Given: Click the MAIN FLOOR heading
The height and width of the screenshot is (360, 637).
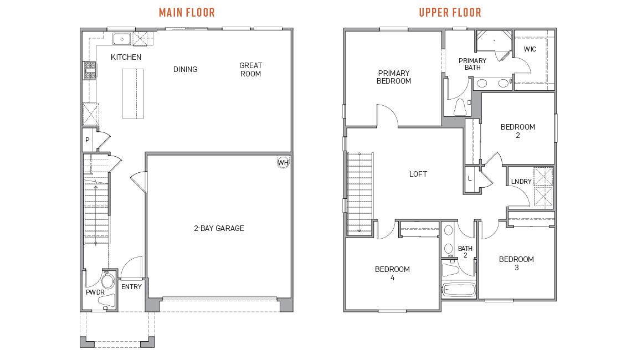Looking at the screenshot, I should [x=187, y=12].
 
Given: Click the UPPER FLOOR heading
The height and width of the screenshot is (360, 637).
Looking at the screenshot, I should [x=450, y=12].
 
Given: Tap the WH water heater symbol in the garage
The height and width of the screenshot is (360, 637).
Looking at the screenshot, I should [x=283, y=162].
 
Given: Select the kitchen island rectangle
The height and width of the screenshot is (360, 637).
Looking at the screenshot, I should [x=133, y=93].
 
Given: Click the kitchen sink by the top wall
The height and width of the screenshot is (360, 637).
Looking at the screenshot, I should [x=121, y=38].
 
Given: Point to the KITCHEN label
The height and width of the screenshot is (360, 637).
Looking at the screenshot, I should [x=126, y=57].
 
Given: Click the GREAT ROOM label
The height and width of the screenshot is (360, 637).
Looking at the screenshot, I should [x=250, y=69].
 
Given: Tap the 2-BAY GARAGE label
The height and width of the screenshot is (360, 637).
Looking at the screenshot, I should [x=219, y=228].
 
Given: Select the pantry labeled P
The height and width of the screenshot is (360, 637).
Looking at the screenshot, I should [x=88, y=141].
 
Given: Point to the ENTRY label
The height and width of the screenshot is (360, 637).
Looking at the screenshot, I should [x=132, y=287].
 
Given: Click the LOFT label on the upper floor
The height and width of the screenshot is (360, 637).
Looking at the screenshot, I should [x=418, y=174].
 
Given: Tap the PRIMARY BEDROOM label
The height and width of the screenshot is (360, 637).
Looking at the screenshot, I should [x=394, y=77].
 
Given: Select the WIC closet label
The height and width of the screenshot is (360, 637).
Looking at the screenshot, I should [x=530, y=49].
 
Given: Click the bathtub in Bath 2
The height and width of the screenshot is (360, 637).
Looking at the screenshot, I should [x=459, y=290].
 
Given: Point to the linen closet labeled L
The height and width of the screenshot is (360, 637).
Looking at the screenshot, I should [x=470, y=178].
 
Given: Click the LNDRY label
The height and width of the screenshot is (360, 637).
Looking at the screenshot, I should [x=521, y=182].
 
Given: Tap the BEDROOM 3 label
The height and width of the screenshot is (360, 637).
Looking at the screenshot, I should [x=516, y=263].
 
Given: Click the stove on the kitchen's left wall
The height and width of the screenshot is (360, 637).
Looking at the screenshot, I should [x=90, y=70].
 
